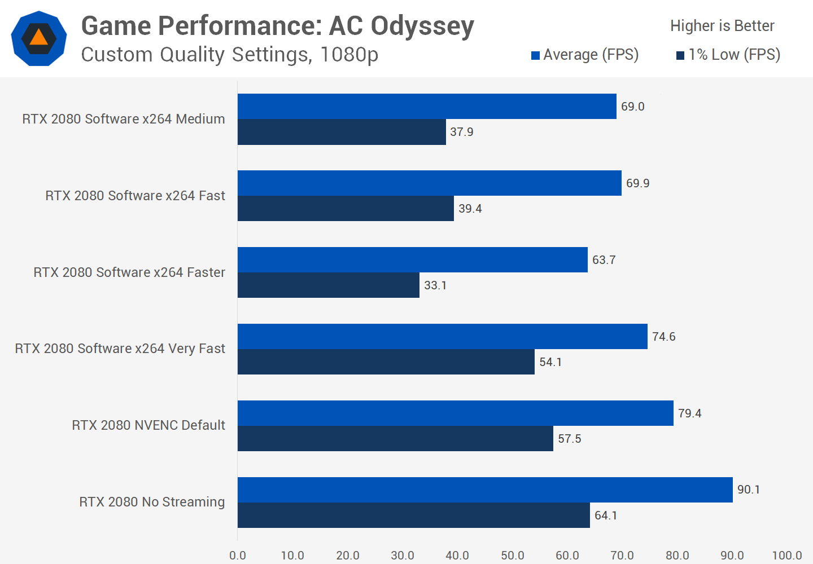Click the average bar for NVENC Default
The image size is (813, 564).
[x=455, y=413]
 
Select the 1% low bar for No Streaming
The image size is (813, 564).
[x=413, y=515]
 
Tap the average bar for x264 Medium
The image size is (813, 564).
[x=427, y=106]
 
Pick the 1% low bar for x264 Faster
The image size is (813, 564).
[x=328, y=285]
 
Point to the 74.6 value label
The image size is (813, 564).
[x=663, y=337]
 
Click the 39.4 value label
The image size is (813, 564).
[x=470, y=209]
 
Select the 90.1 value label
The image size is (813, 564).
[x=749, y=490]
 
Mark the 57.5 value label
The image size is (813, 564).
[x=569, y=439]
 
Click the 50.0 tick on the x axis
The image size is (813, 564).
[x=512, y=556]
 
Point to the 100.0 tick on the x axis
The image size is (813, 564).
[x=786, y=556]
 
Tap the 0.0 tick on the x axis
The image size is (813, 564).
[x=238, y=556]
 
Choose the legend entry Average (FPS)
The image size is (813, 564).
[x=585, y=55]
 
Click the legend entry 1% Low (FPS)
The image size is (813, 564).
[x=728, y=55]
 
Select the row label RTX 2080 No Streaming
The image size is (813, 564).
[x=152, y=502]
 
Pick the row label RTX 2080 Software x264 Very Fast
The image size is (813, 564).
[x=120, y=349]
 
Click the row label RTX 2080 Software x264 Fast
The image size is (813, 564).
[x=135, y=196]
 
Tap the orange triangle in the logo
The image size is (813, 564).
[x=38, y=37]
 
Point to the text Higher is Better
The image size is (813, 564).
[x=722, y=26]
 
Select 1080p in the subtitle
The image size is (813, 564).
[x=349, y=55]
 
